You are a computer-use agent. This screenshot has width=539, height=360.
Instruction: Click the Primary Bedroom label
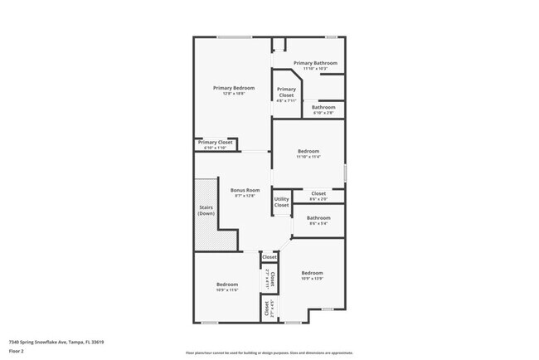(x=233, y=88)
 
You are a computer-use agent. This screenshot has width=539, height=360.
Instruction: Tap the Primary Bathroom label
(x=314, y=62)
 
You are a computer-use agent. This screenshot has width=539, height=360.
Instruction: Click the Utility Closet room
(x=282, y=202)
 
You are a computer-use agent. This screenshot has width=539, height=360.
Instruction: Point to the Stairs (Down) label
(x=206, y=211)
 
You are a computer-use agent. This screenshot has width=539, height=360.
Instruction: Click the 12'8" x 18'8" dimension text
(x=233, y=95)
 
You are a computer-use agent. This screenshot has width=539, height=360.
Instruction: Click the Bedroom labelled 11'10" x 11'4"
(x=308, y=153)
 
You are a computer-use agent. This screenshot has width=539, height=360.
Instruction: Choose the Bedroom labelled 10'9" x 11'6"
(x=227, y=286)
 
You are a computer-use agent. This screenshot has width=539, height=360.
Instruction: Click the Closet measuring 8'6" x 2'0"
(x=318, y=196)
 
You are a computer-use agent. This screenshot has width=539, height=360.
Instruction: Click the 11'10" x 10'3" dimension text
(x=314, y=68)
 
